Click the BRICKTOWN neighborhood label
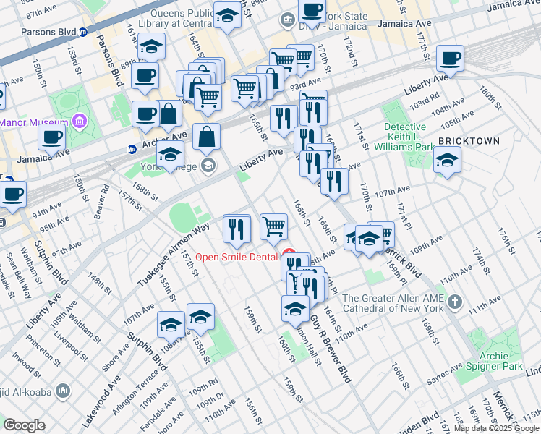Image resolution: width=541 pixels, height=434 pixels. [469, 141]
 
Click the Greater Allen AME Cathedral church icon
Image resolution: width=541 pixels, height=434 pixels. [453, 301]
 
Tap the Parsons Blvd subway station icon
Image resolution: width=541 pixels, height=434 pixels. [83, 33]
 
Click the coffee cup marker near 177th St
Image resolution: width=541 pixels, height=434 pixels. [450, 59]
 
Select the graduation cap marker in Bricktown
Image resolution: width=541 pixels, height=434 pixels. [447, 161]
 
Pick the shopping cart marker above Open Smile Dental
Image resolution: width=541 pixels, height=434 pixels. [273, 227]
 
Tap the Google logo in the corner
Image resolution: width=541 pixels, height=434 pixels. [24, 425]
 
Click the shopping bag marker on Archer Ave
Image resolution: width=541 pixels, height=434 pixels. [206, 137]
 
